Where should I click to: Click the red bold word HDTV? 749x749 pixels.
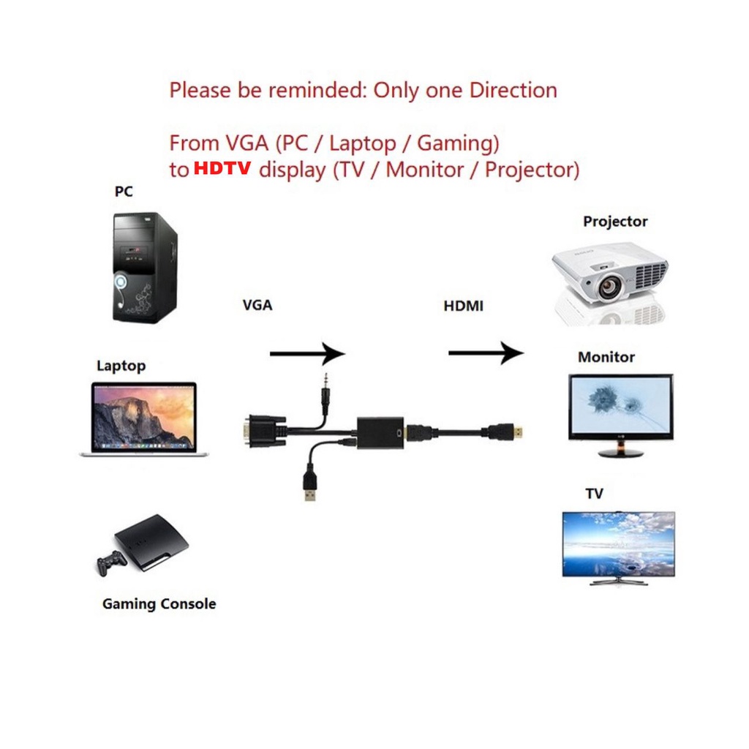click(x=222, y=169)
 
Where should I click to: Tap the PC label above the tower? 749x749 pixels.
click(x=124, y=192)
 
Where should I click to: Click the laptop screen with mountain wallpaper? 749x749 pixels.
click(x=144, y=416)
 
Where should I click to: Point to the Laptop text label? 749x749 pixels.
click(x=121, y=365)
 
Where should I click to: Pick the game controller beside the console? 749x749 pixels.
click(x=112, y=562)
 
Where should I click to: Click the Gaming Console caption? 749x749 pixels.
click(x=159, y=604)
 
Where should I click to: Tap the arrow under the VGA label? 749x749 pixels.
click(x=307, y=355)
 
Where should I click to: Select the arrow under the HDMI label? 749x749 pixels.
click(x=486, y=354)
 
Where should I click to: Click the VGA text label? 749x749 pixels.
click(x=257, y=305)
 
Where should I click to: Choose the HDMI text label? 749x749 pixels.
click(x=463, y=306)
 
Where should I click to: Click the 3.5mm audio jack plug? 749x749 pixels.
click(x=323, y=391)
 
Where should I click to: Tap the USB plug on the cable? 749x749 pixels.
click(x=309, y=487)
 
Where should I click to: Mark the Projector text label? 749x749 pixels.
click(x=615, y=222)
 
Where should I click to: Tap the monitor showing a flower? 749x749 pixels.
click(x=620, y=407)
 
